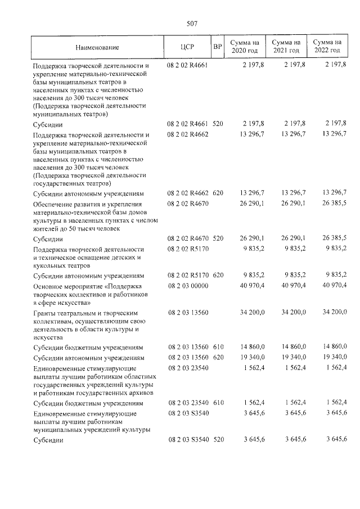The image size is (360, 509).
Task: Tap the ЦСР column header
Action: pos(188,47)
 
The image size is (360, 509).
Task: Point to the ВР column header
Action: pos(218,47)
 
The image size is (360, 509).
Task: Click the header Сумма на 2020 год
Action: pos(245,47)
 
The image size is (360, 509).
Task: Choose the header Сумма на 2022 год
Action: pos(327,47)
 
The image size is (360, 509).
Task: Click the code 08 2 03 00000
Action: pos(187,286)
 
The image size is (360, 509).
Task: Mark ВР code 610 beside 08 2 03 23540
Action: pos(218,403)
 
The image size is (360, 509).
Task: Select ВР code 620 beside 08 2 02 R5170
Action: pos(218,276)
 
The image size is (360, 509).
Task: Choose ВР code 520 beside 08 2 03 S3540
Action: pos(218,439)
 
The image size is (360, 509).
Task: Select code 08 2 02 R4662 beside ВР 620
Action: pos(187,192)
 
